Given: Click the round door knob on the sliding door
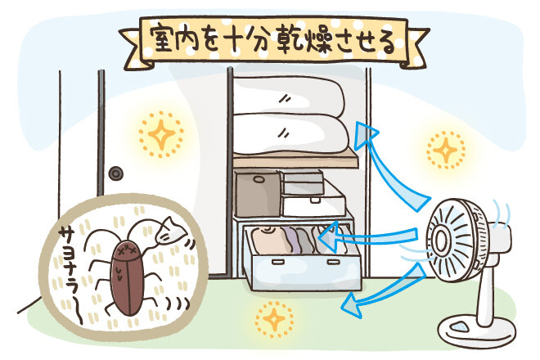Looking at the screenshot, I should (x=116, y=173).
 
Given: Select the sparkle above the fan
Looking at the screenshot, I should (x=445, y=150).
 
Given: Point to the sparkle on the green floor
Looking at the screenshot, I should (x=271, y=315).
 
